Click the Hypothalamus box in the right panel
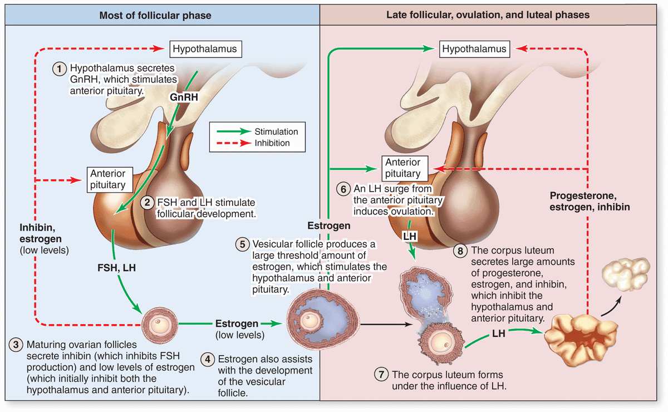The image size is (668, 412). tap(474, 49)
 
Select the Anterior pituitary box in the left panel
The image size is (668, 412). tap(106, 179)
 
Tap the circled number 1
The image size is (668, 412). tap(60, 67)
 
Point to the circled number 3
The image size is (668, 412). tap(16, 345)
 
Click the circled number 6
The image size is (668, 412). tap(343, 189)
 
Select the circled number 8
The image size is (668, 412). tap(460, 251)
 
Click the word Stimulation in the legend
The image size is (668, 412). tap(276, 132)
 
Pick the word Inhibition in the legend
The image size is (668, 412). tap(272, 143)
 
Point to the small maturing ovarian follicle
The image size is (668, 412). tap(157, 323)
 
